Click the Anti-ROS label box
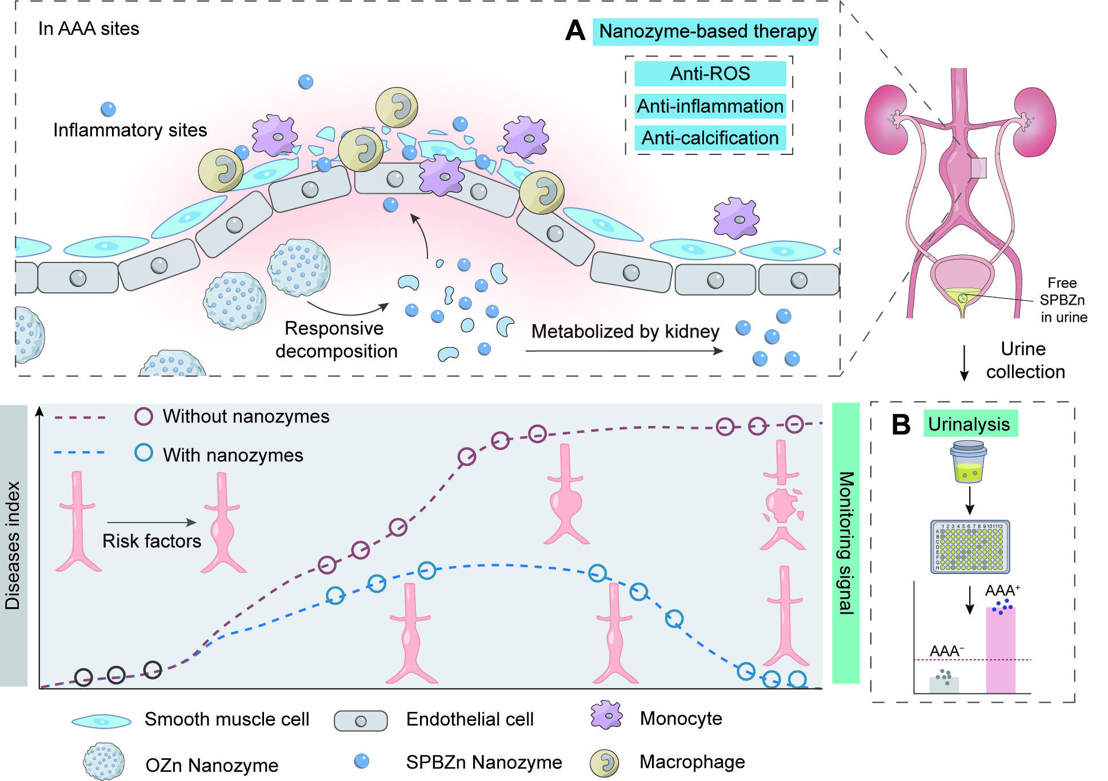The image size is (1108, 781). tap(710, 74)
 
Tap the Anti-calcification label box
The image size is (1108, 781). tap(710, 138)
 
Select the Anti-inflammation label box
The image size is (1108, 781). tap(710, 106)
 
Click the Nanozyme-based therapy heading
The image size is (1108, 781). tap(707, 31)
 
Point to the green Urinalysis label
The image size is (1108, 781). tap(970, 424)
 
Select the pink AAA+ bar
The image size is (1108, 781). tap(1001, 650)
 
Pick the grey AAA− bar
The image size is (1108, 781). tap(944, 684)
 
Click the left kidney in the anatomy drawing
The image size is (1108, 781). tap(886, 120)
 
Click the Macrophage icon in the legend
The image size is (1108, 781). tap(605, 763)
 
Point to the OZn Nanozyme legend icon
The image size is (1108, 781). tap(104, 762)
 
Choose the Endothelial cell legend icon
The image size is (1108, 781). tap(361, 721)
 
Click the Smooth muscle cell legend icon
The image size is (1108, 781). tap(101, 721)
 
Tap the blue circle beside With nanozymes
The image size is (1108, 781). tap(143, 453)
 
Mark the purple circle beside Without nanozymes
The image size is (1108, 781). tap(143, 416)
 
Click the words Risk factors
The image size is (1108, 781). tap(151, 541)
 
